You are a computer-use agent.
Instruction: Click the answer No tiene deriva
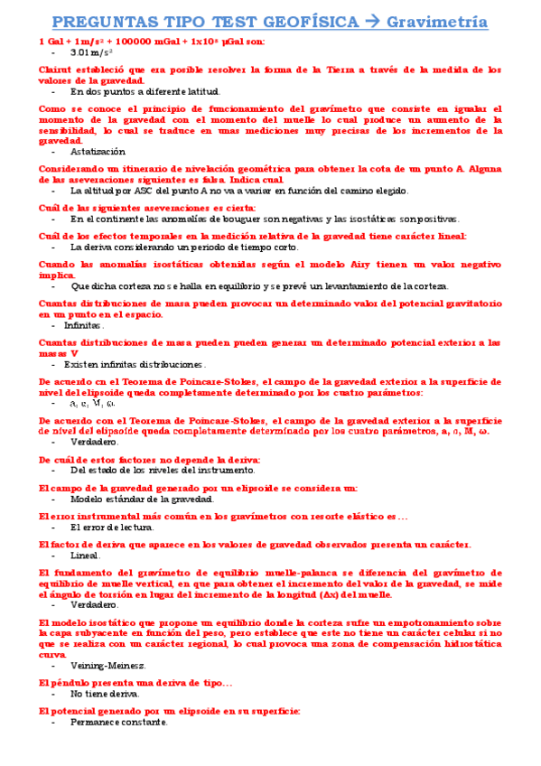tap(105, 694)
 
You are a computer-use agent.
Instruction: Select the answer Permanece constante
tap(118, 723)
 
